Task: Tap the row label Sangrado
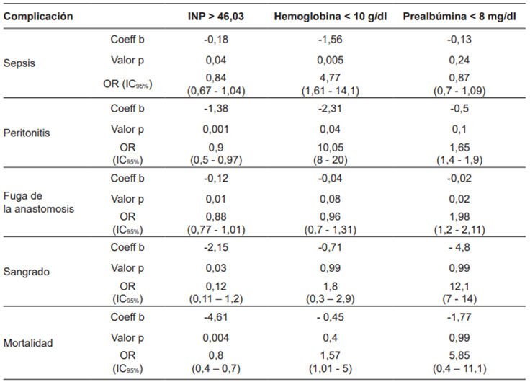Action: coord(24,274)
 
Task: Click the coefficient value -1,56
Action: coord(331,39)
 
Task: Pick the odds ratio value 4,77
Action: coord(331,77)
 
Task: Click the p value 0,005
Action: coord(331,61)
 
